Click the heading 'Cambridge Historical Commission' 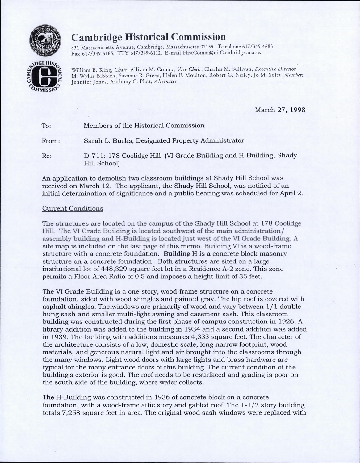(x=149, y=37)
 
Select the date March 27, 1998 (x=280, y=110)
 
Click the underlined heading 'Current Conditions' (x=73, y=208)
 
